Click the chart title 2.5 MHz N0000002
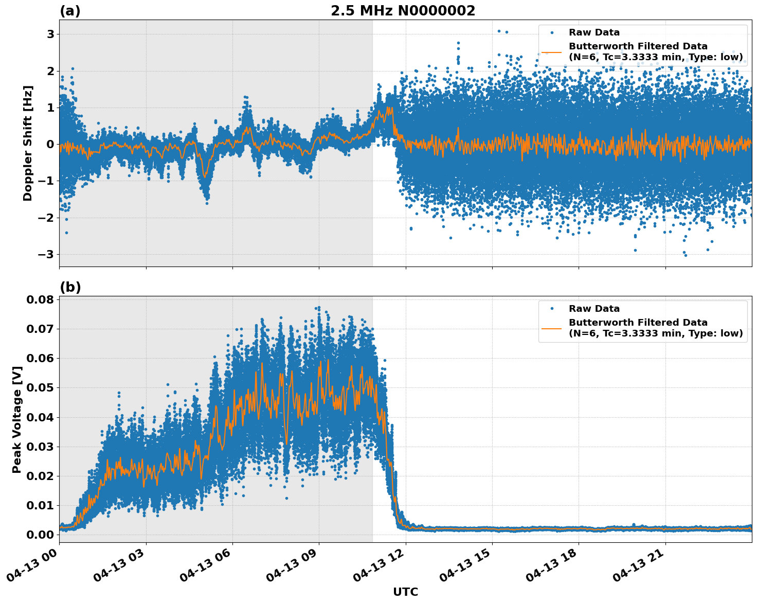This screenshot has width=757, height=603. (403, 11)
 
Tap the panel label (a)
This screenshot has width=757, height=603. (70, 11)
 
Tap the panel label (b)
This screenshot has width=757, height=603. (70, 287)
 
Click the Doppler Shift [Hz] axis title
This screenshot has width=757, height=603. (28, 143)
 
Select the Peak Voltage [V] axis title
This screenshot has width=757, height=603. (17, 419)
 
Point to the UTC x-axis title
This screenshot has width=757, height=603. (405, 592)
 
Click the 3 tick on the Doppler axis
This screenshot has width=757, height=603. (50, 34)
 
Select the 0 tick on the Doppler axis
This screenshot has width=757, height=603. (50, 145)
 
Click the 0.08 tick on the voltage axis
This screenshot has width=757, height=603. (40, 299)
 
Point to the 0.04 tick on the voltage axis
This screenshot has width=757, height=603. (40, 417)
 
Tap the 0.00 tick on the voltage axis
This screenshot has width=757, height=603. (40, 535)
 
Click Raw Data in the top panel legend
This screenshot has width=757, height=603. (594, 33)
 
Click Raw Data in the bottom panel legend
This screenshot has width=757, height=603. (594, 309)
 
